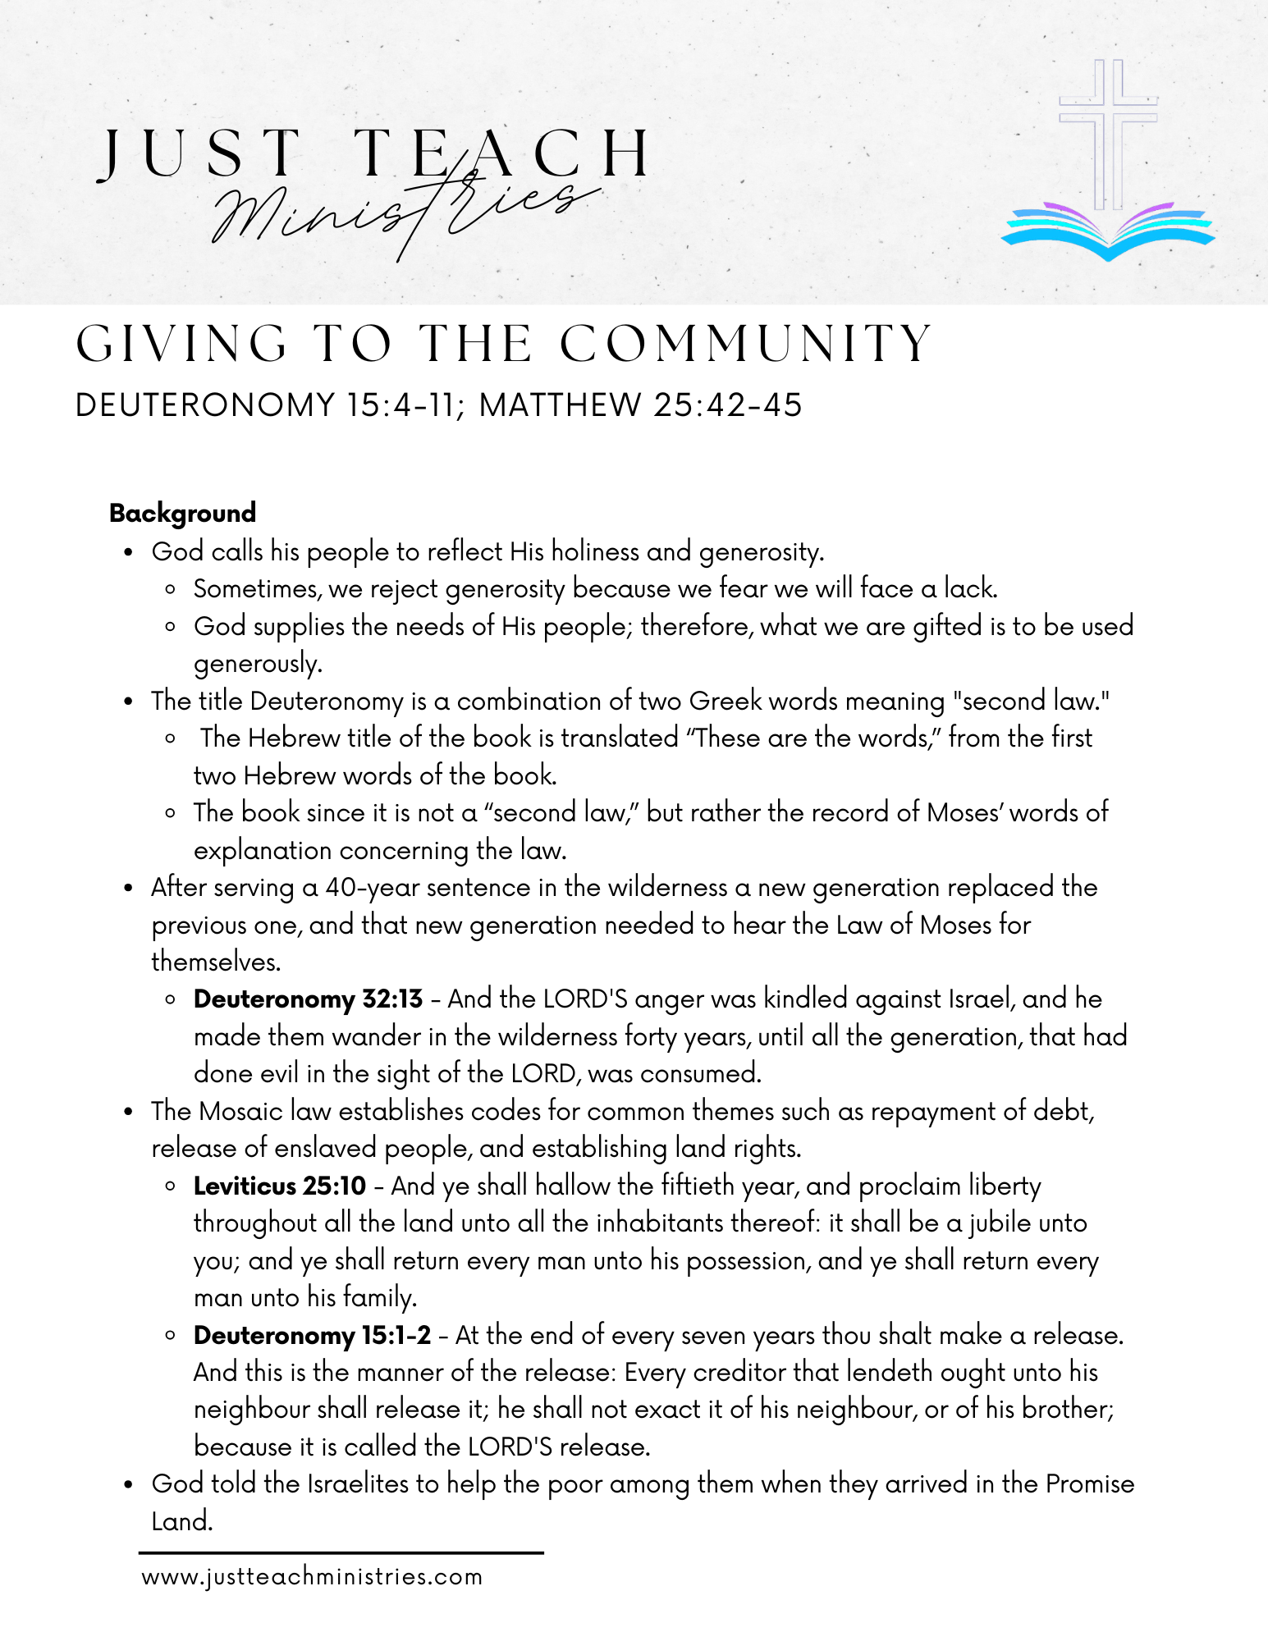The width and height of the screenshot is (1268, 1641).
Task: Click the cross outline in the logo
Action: tap(1108, 123)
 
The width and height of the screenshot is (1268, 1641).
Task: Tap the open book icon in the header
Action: tap(1108, 231)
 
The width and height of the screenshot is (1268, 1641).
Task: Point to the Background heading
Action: tap(182, 514)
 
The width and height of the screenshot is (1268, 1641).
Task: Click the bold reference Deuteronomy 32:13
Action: tap(308, 999)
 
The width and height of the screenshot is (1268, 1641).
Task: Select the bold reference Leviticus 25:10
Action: tap(280, 1186)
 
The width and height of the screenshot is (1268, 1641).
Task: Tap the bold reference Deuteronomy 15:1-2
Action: tap(312, 1336)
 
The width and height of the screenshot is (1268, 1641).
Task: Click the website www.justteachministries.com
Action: tap(312, 1577)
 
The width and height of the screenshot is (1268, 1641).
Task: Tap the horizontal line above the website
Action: tap(341, 1552)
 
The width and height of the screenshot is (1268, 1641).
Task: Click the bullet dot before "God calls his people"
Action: tap(128, 553)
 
